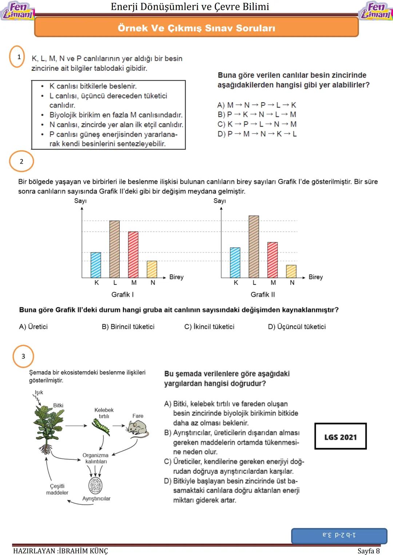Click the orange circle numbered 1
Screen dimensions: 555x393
[x=17, y=57]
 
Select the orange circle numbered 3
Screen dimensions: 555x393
[x=23, y=356]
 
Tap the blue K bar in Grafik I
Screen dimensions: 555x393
[x=96, y=265]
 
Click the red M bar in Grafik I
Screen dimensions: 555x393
[x=133, y=254]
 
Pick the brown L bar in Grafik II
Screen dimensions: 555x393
[x=254, y=246]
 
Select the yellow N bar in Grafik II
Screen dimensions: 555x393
[x=291, y=271]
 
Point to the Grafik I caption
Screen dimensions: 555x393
[x=123, y=294]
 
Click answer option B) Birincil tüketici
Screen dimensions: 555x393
[x=128, y=327]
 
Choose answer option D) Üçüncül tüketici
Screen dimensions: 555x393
[x=297, y=327]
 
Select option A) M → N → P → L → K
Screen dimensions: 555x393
[x=257, y=105]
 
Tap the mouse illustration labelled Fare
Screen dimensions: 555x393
[x=137, y=428]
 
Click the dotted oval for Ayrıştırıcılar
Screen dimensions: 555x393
[x=95, y=486]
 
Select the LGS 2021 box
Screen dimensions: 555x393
[x=340, y=437]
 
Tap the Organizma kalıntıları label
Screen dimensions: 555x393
[x=95, y=458]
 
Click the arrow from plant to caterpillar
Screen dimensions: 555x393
[x=76, y=425]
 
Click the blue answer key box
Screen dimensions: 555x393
[x=339, y=536]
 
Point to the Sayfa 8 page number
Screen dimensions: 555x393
[x=368, y=551]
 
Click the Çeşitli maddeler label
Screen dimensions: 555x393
[x=57, y=489]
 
